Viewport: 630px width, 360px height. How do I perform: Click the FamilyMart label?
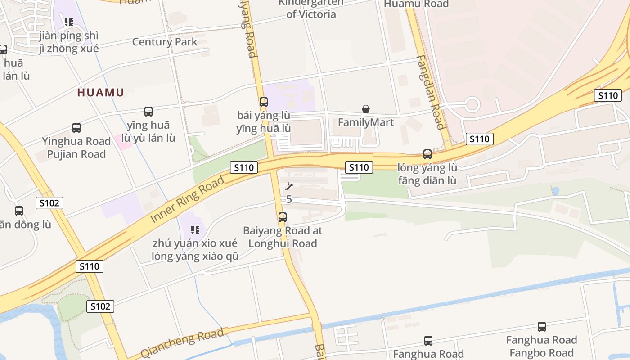pos(365,122)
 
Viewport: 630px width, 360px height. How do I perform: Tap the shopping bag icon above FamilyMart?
pos(366,109)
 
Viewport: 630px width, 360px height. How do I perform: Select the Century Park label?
pos(165,42)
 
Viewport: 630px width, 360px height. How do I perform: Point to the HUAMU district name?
pos(100,93)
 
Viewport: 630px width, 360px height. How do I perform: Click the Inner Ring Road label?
pos(187,199)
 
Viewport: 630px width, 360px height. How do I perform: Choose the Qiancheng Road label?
pos(182,343)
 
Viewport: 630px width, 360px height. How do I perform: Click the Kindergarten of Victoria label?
pos(311,9)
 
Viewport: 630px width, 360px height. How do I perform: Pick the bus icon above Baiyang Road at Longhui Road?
pos(283,217)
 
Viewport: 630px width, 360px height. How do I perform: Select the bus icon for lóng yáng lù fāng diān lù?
pos(427,154)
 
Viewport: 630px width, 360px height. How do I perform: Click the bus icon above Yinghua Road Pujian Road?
pos(76,128)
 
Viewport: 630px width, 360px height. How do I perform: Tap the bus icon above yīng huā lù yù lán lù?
pos(148,111)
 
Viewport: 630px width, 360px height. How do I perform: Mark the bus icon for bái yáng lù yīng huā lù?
pos(264,102)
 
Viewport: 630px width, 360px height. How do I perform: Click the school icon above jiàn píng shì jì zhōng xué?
pos(69,22)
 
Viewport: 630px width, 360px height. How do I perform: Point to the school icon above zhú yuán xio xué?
pos(195,230)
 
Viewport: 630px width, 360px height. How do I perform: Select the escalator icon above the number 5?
pos(289,186)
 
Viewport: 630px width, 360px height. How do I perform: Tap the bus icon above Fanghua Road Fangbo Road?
pos(542,327)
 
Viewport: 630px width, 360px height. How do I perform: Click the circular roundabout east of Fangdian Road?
pos(472,105)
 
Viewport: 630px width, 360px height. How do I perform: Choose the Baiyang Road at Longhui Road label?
pos(283,237)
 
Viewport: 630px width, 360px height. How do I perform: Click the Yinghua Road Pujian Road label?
pos(76,148)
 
